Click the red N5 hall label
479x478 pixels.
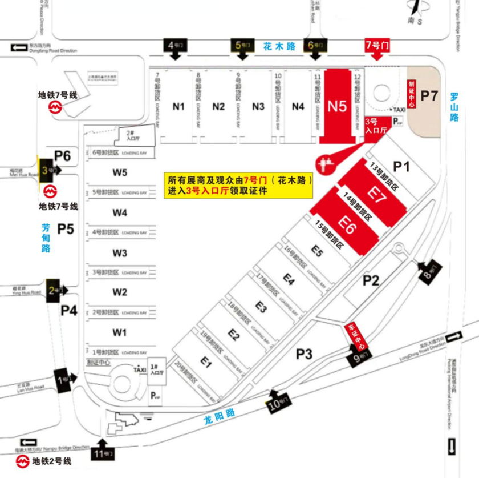coord(337,106)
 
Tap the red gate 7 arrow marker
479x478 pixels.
coord(376,48)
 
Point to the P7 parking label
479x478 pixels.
coord(429,95)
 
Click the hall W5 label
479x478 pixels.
coord(120,172)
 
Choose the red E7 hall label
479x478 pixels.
coord(377,194)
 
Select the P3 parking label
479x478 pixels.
coord(305,354)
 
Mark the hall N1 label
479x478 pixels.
coord(179,106)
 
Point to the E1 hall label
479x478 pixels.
coord(206,361)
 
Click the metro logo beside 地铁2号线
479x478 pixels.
coord(22,461)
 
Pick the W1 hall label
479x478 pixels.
coord(120,332)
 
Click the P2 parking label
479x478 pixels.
coord(372,280)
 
